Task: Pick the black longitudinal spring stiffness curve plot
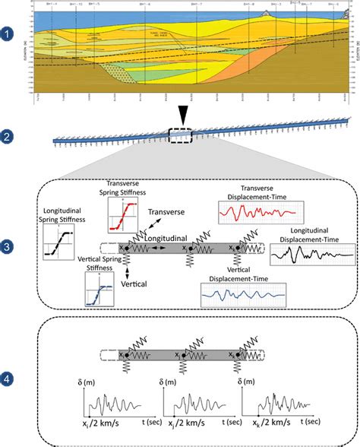60,248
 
